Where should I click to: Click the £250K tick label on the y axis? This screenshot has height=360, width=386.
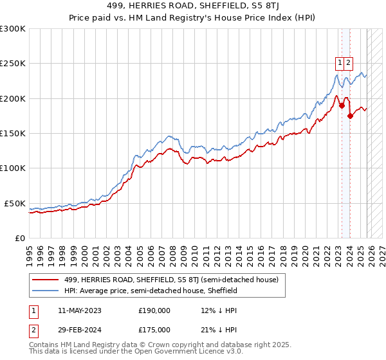pos(12,64)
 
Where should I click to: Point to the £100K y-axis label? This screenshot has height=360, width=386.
pos(12,168)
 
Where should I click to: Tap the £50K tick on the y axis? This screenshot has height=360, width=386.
pos(15,203)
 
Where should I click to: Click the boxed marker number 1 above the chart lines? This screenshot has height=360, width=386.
pos(339,62)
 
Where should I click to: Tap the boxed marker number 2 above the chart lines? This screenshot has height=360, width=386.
pos(348,62)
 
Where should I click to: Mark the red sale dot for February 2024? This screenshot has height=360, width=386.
pos(350,116)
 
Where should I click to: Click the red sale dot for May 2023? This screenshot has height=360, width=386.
pos(341,106)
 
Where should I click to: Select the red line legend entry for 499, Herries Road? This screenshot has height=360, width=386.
pos(171,280)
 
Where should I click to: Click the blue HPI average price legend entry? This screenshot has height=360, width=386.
pos(151,291)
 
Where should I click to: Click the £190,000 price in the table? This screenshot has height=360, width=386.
pos(154,310)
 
